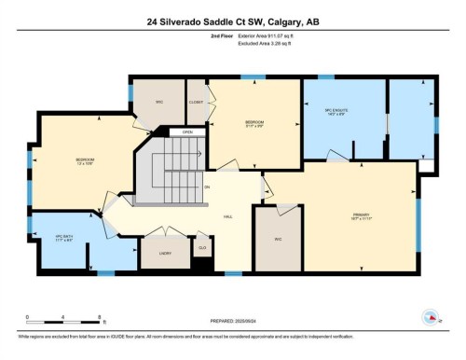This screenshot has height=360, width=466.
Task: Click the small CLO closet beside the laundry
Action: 202,247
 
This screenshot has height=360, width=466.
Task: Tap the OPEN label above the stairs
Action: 187,132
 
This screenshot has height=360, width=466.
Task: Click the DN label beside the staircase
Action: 207,187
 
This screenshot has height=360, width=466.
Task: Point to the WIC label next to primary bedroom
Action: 278,239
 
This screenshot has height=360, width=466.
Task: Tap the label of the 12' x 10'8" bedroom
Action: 85,160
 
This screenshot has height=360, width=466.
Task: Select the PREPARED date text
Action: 232,323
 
